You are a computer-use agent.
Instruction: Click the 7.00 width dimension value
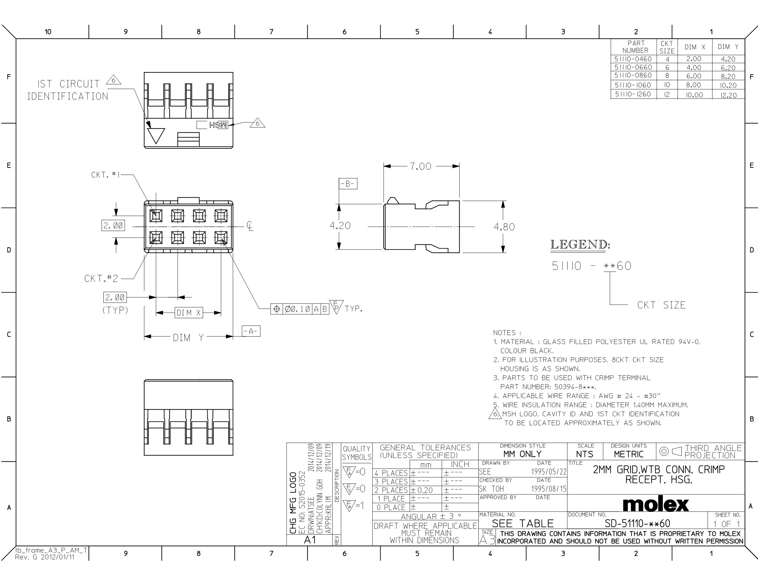420,166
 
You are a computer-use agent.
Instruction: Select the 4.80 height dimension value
504,227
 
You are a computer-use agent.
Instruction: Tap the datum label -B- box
348,184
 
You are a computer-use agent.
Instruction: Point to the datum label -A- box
251,331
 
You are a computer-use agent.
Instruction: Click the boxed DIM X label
189,313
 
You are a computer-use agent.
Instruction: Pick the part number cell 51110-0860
633,75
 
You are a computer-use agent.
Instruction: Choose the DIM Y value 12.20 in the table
728,95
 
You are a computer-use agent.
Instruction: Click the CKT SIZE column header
667,47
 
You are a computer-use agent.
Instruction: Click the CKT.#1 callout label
106,175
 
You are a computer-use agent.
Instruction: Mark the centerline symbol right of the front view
250,226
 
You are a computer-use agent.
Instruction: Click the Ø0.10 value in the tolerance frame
297,309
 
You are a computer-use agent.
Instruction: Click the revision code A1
310,540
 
